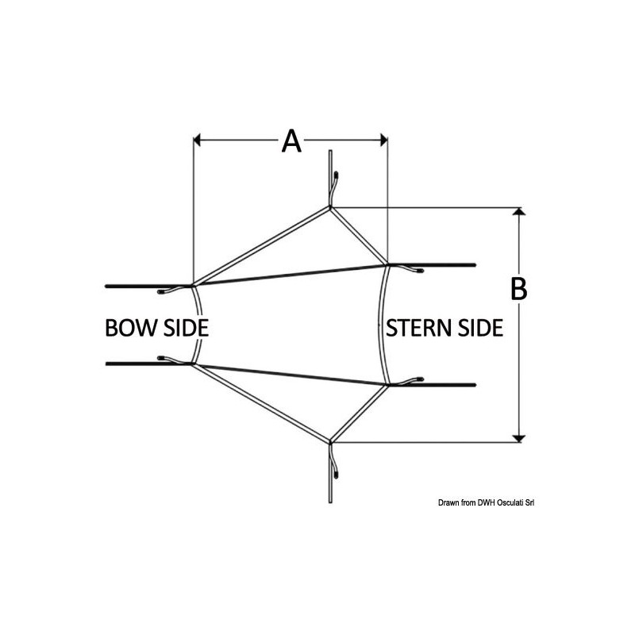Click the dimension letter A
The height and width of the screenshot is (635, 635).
coord(291,141)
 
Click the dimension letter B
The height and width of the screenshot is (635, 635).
coord(518,289)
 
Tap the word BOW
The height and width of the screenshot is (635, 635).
coord(132,328)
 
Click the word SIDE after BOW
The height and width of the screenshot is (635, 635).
coord(186,328)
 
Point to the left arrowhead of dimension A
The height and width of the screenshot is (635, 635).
coord(197,140)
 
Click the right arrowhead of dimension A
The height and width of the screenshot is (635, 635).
coord(384,140)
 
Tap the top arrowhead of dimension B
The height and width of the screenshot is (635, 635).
coord(519,211)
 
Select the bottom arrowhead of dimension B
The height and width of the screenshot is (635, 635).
coord(519,439)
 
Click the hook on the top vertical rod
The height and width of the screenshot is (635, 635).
coord(334,187)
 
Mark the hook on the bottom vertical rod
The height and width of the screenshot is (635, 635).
coord(334,462)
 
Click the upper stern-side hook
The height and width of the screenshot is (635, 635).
coord(406,267)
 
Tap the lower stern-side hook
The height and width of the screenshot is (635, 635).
coord(406,381)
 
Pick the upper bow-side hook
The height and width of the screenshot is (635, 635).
coord(175,289)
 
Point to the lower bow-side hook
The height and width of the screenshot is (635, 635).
coord(175,360)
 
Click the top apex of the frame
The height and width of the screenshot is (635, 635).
coord(330,207)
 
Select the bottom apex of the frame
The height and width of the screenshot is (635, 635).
coord(330,441)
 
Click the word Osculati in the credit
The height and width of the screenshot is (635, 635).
coord(510,503)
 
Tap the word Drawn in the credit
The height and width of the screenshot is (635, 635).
coord(448,503)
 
